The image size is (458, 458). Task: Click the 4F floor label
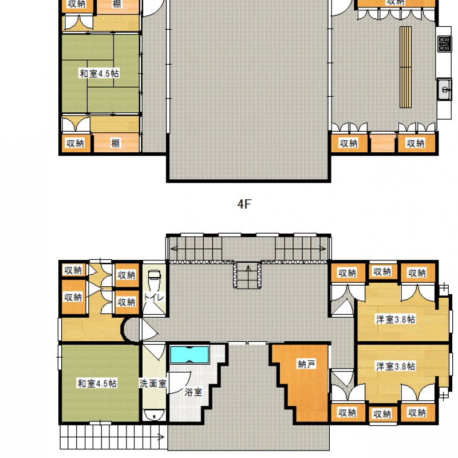[244, 205]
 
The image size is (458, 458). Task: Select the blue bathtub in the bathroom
[189, 354]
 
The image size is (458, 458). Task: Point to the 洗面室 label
[153, 384]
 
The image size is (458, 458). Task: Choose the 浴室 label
[193, 393]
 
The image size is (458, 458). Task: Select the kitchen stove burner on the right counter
[444, 43]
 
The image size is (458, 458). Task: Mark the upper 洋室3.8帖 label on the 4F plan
[396, 319]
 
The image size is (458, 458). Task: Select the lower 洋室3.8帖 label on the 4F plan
[396, 366]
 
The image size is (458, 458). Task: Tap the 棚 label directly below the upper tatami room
[116, 143]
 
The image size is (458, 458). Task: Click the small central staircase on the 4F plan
[248, 275]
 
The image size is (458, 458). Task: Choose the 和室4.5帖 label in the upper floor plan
[99, 73]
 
